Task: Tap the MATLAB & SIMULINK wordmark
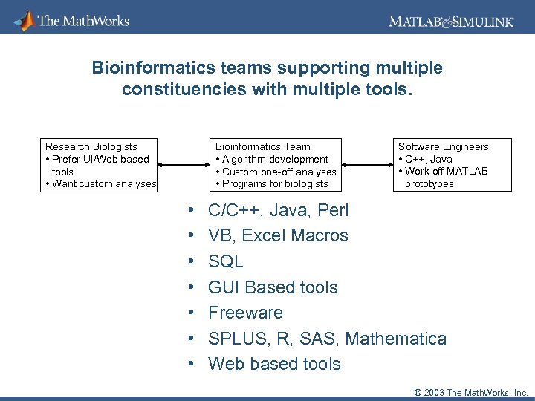pos(450,22)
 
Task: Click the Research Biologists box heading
pos(91,146)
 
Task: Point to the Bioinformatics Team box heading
pos(262,146)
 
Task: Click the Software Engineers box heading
pos(444,146)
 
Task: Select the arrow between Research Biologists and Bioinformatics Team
pos(183,165)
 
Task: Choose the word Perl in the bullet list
pos(333,210)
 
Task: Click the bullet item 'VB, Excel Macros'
pos(278,236)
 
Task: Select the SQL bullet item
pos(226,261)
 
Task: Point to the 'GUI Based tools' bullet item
pos(273,287)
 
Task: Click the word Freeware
pos(246,313)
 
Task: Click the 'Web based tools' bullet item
pos(274,364)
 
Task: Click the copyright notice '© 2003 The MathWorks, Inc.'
pos(466,392)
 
